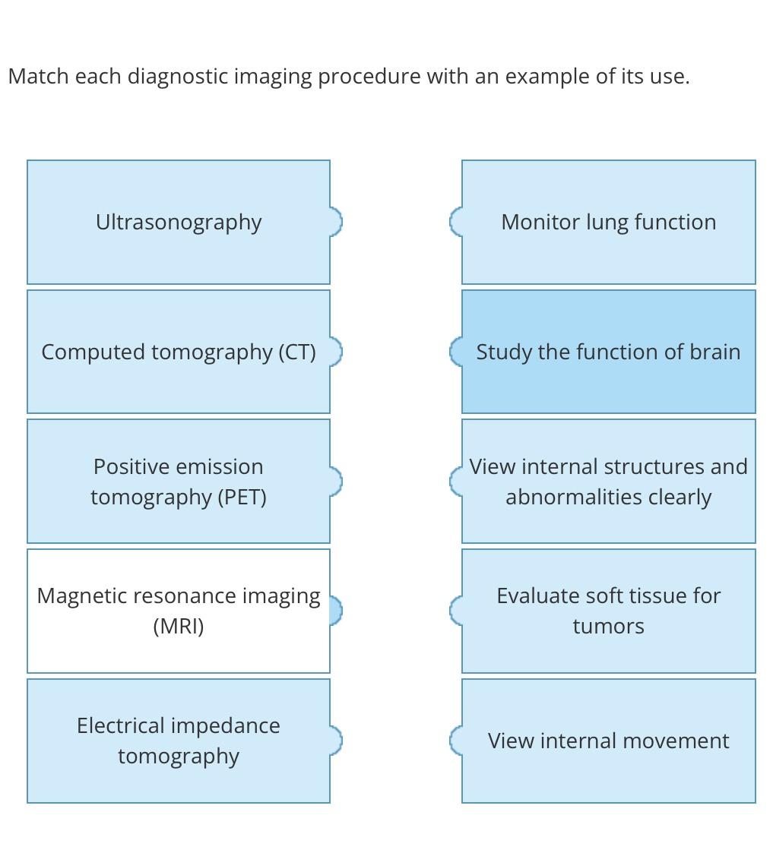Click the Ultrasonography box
179,222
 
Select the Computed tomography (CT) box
179,352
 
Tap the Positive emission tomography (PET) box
179,482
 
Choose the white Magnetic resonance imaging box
179,611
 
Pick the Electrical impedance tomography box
179,741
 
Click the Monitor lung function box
608,222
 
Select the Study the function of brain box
608,352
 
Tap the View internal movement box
608,741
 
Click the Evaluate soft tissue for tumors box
608,611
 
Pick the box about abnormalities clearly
608,482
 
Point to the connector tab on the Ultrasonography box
336,222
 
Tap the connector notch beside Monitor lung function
456,222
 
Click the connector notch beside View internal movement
456,741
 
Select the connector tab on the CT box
336,352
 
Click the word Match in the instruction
38,76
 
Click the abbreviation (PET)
242,497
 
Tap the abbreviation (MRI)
179,627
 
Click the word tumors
608,627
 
